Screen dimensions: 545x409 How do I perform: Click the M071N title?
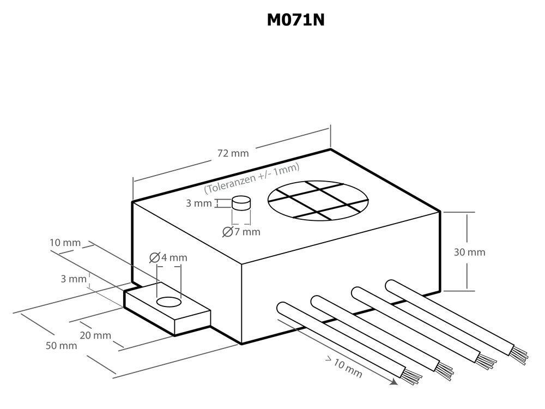[296, 20]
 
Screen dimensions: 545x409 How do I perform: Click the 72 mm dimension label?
[233, 153]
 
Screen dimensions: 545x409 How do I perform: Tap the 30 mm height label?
[469, 252]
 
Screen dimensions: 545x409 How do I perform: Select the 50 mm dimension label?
[61, 346]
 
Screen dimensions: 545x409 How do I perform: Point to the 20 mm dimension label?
[95, 335]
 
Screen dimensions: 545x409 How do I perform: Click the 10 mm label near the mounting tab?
[65, 243]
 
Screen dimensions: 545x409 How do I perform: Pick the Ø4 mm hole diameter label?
[168, 258]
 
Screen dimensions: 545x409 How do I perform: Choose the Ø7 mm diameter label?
[241, 232]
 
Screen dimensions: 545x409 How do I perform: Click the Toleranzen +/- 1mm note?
[252, 178]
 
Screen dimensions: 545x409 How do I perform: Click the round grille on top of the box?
[318, 201]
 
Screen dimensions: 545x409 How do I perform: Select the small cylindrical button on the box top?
[241, 203]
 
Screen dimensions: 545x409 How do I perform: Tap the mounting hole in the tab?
[168, 302]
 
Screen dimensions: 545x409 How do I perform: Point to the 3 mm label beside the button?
[198, 203]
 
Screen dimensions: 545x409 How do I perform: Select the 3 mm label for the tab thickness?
[74, 279]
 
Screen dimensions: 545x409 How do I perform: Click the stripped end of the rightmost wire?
[519, 354]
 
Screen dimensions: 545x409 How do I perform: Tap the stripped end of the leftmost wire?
[413, 376]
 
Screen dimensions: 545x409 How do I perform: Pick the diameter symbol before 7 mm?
[227, 232]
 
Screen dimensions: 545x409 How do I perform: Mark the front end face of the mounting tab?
[192, 323]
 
